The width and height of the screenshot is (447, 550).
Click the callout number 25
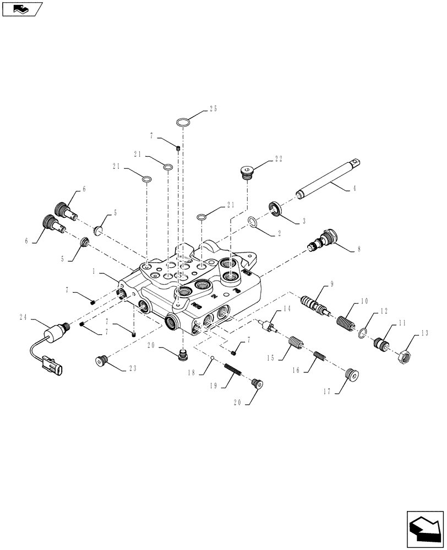pyautogui.click(x=214, y=109)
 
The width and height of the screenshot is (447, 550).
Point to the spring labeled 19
pyautogui.click(x=233, y=370)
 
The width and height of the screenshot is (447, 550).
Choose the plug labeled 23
pyautogui.click(x=100, y=361)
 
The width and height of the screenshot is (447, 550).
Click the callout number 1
pyautogui.click(x=94, y=272)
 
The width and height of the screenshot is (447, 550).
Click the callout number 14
pyautogui.click(x=286, y=309)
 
